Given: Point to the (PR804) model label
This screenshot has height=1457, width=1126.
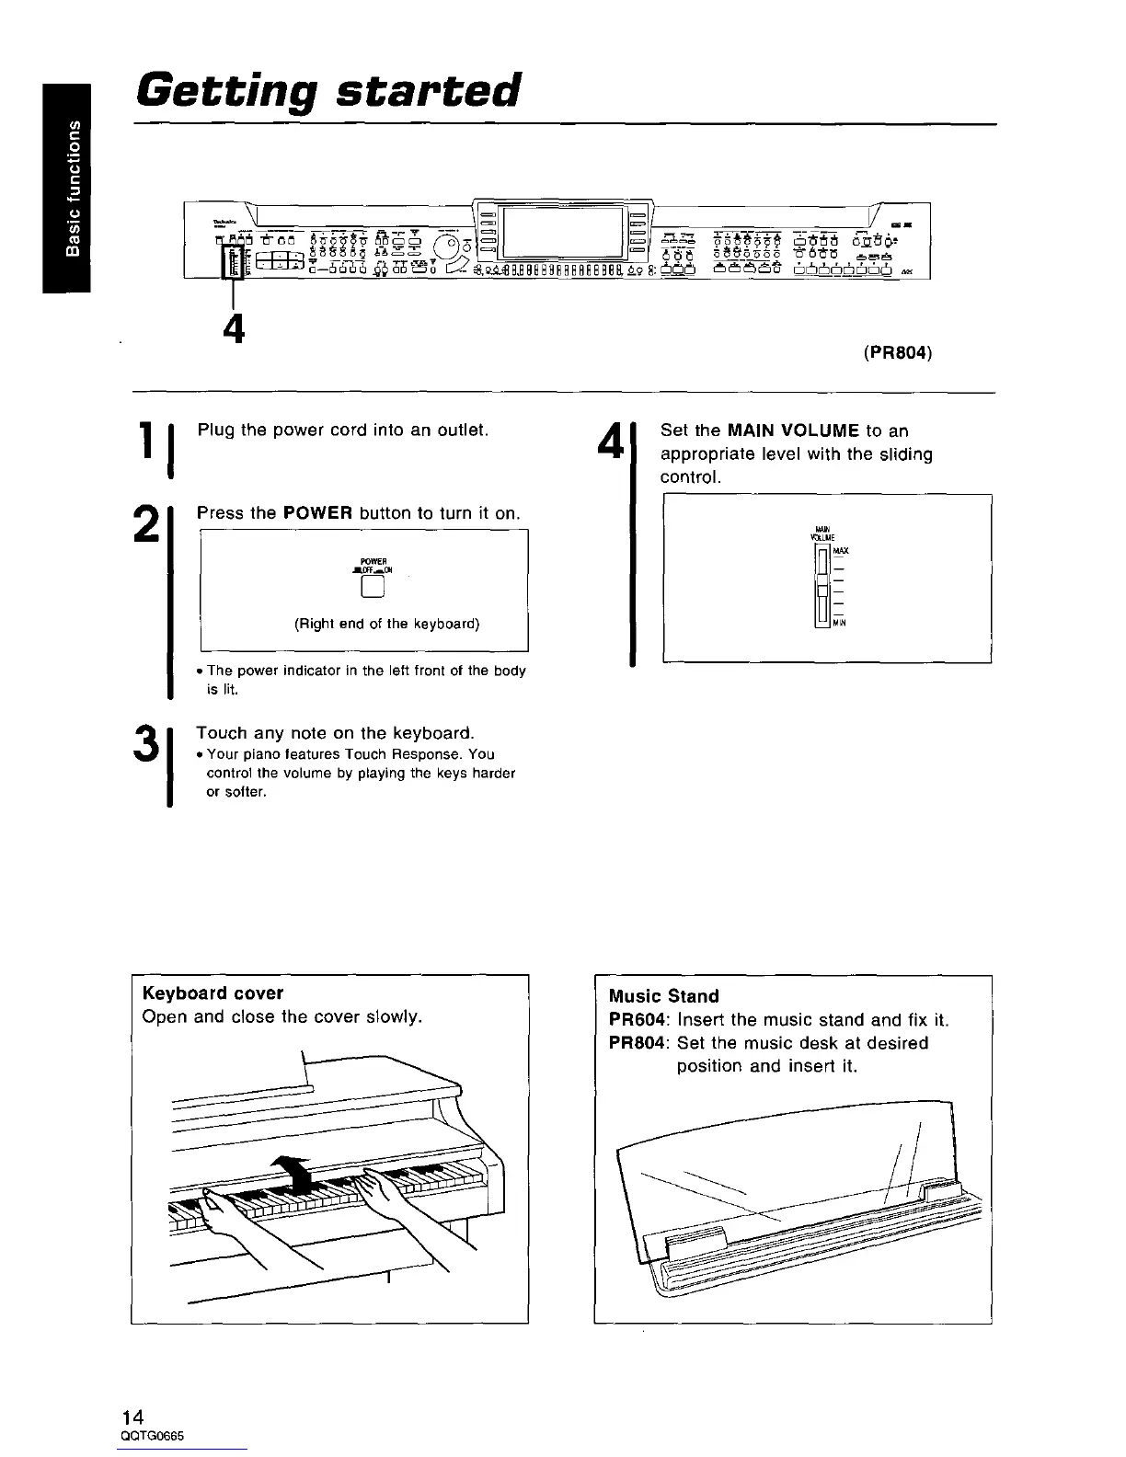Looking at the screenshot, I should click(898, 352).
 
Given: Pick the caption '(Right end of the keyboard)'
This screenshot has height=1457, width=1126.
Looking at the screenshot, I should click(387, 624).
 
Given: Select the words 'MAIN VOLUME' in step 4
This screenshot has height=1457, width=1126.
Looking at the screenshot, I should click(793, 430).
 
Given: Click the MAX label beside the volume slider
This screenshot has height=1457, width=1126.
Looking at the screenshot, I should click(842, 551).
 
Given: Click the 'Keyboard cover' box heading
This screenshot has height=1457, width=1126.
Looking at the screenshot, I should click(213, 993).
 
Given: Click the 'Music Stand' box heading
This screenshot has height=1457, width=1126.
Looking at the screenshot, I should click(664, 996).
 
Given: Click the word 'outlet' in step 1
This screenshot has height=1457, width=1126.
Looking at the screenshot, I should click(462, 430).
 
